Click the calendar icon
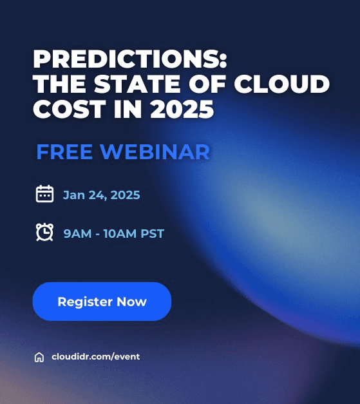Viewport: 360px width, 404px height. click(44, 194)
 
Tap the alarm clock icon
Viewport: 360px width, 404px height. click(44, 232)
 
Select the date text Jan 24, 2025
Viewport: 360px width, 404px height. click(101, 195)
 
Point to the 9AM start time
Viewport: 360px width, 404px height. click(77, 233)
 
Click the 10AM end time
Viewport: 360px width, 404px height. click(119, 233)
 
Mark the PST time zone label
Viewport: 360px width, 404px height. click(152, 233)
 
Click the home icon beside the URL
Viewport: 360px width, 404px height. click(39, 357)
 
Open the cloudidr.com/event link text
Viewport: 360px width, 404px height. click(95, 356)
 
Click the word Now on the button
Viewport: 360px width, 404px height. click(131, 302)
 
